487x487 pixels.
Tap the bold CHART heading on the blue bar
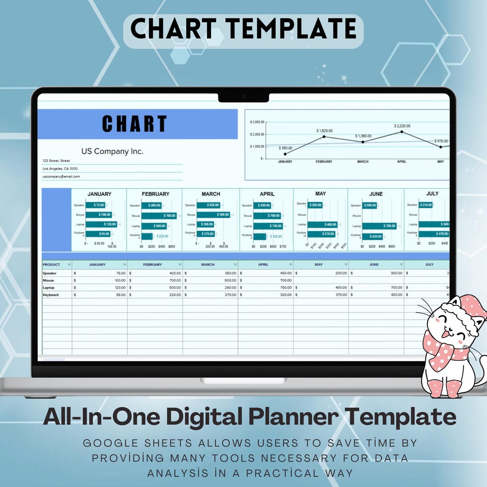(134, 124)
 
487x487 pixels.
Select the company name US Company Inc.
(112, 152)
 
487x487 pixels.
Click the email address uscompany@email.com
(61, 177)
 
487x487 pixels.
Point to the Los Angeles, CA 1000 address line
(60, 169)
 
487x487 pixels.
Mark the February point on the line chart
(324, 137)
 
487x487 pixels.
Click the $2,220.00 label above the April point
(402, 126)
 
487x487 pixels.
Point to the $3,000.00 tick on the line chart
(257, 122)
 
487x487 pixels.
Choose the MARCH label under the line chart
(363, 161)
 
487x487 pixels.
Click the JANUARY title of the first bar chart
(99, 194)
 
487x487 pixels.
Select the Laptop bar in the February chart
(154, 226)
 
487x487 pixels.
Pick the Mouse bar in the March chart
(213, 215)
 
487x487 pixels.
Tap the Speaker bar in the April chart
(262, 205)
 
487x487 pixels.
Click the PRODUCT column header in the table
(52, 265)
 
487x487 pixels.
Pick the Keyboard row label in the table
(51, 295)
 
